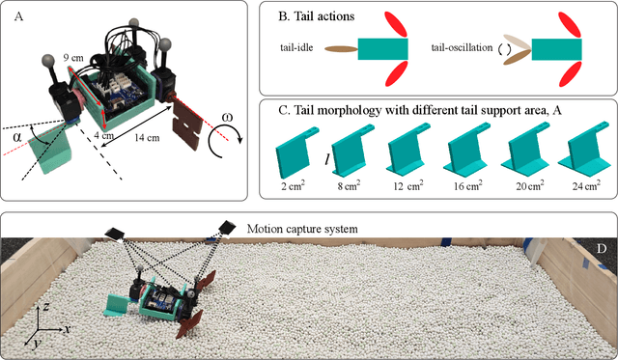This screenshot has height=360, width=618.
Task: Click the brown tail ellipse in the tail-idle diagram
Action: tap(341, 49)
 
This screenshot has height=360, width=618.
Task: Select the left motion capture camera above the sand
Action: tap(114, 234)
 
